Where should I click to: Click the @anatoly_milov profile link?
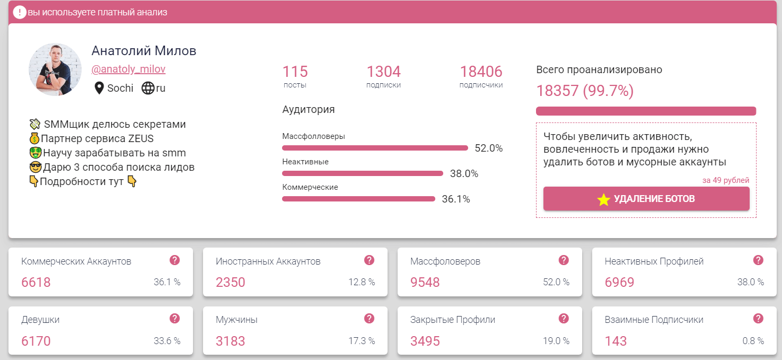[128, 69]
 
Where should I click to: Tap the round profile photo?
[55, 69]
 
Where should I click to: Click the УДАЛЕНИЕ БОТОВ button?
[646, 199]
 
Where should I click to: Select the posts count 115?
[295, 72]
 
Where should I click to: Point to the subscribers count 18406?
[481, 72]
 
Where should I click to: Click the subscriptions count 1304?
[383, 72]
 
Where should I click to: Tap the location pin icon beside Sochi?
[99, 88]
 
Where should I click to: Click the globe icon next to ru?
[147, 88]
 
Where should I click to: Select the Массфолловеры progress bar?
[375, 148]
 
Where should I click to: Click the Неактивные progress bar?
[362, 173]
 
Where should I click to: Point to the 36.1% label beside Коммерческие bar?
[456, 199]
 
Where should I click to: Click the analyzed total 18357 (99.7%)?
[585, 91]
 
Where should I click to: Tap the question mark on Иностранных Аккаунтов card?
[370, 260]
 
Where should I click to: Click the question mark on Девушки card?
[175, 318]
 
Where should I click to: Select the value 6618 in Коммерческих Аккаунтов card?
[36, 283]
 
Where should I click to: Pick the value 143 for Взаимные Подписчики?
[616, 341]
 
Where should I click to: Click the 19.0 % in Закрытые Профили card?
[556, 341]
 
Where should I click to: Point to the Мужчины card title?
[236, 320]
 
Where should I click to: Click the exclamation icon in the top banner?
[19, 12]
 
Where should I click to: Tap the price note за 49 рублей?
[726, 180]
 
